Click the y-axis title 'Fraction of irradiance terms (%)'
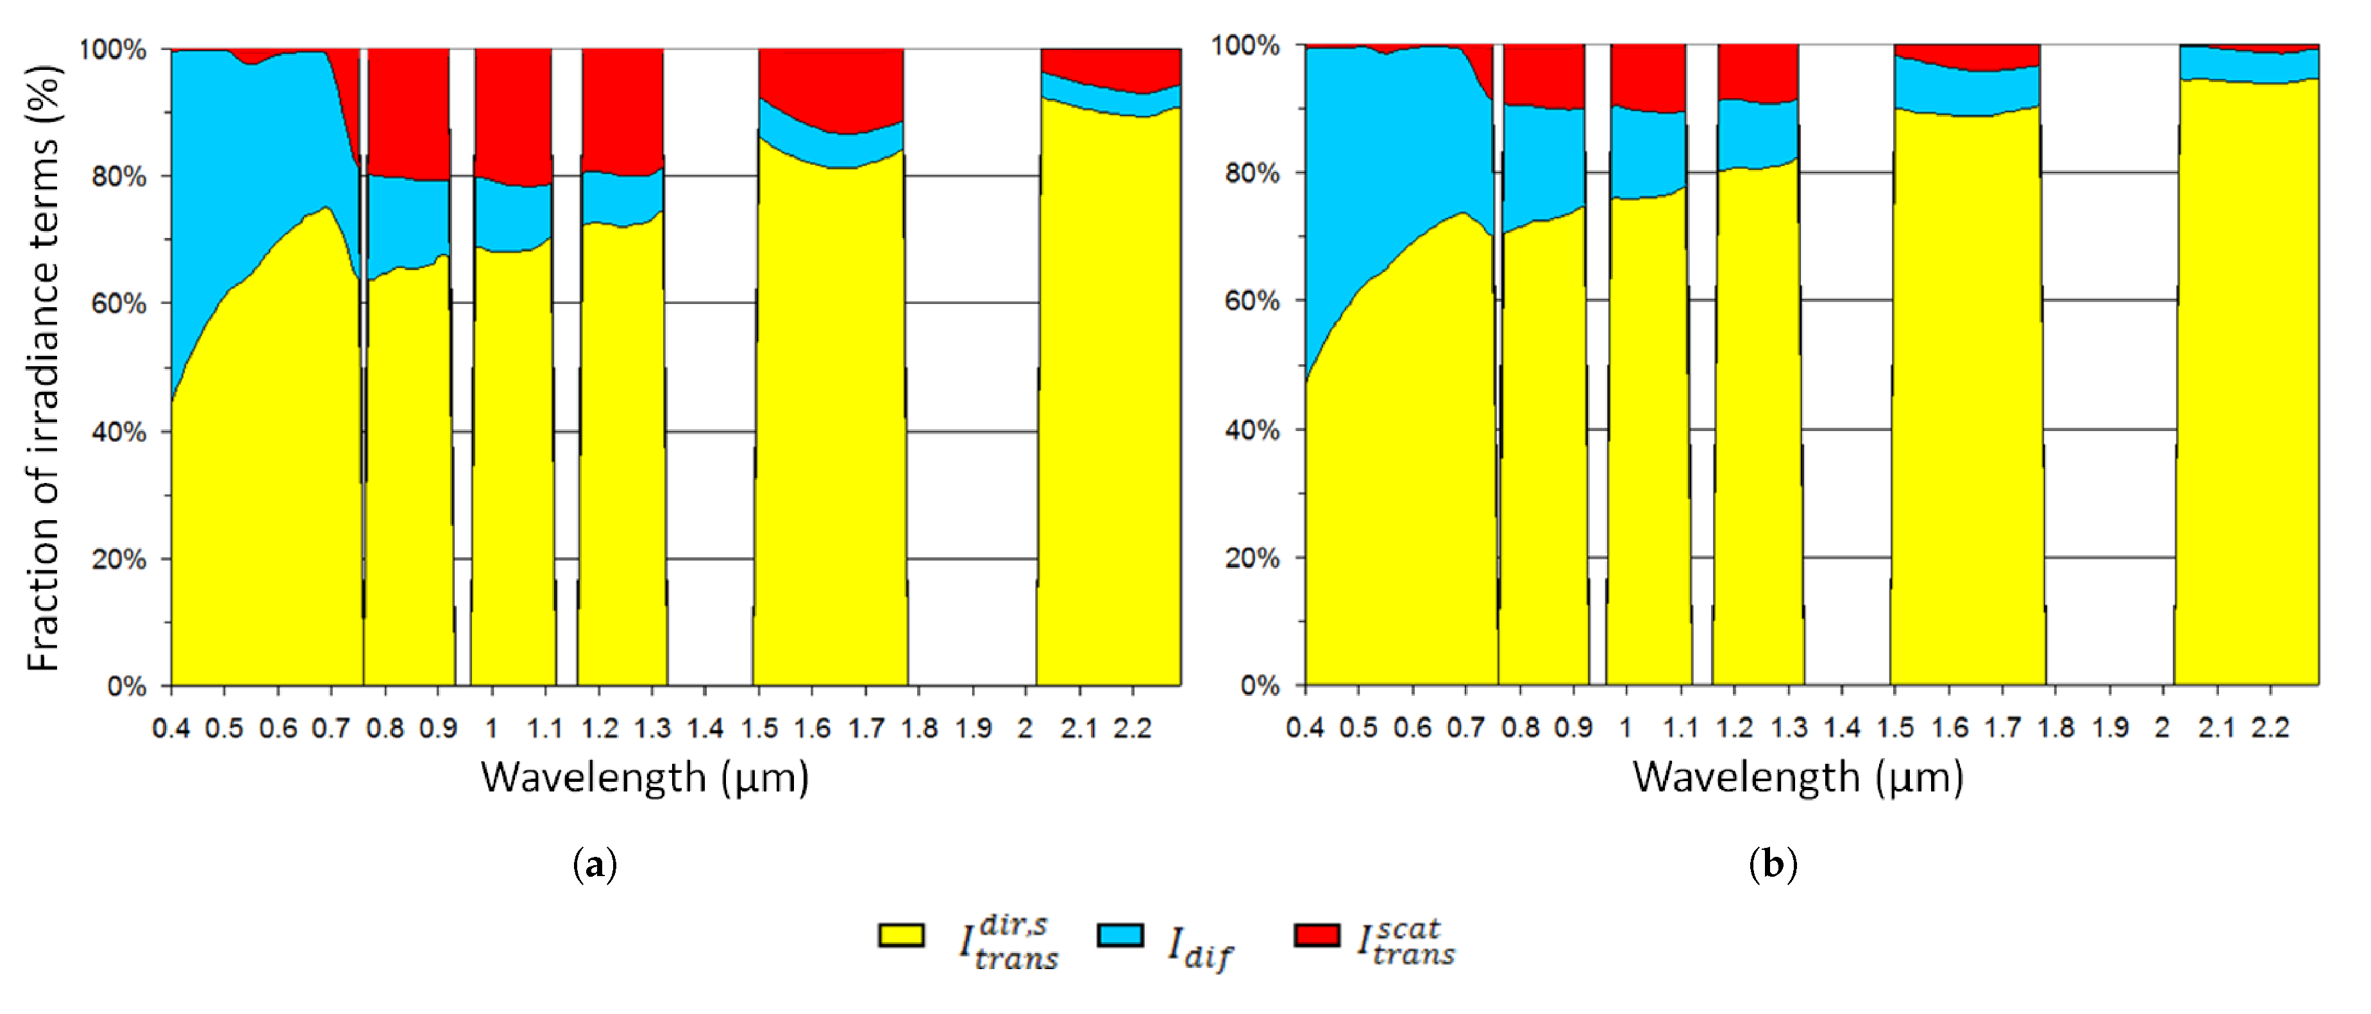[43, 368]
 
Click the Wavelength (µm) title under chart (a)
[645, 777]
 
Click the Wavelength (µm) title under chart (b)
[1798, 777]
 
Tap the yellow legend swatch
[901, 935]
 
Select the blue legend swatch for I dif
[1120, 935]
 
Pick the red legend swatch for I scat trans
[1316, 935]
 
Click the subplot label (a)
[595, 865]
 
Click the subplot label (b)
[1773, 865]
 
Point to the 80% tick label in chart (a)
[119, 176]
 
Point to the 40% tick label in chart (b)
[1252, 430]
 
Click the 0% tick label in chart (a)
[127, 686]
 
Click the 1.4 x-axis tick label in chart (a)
[705, 729]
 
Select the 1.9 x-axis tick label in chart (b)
[2109, 729]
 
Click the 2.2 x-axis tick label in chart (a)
[1132, 729]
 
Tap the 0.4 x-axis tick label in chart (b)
[1305, 729]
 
